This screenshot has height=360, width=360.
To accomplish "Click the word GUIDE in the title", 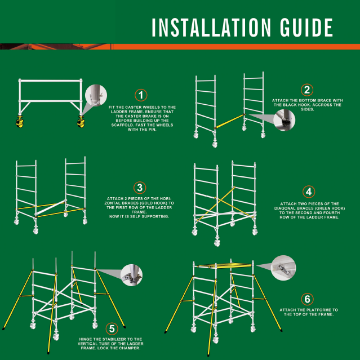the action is [306, 28].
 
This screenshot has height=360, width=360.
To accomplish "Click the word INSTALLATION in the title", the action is [211, 28].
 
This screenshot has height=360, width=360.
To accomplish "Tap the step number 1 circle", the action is [141, 95].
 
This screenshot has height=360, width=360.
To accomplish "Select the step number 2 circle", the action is [307, 90].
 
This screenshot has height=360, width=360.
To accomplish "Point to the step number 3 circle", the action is [140, 188].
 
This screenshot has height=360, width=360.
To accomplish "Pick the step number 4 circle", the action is [309, 192].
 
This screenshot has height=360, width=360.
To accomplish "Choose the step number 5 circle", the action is [112, 329].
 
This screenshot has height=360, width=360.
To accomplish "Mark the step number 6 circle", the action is [307, 299].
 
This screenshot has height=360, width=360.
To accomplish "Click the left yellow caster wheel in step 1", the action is [20, 122].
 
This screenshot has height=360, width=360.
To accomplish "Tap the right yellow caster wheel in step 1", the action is [81, 122].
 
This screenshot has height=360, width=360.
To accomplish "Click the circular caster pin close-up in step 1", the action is [96, 95].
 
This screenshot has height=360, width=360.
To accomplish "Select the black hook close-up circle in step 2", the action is [285, 120].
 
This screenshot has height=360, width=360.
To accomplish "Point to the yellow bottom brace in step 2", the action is [230, 121].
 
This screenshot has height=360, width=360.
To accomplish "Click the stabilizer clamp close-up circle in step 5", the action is [132, 275].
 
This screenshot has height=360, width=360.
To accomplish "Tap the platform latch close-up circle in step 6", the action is [283, 268].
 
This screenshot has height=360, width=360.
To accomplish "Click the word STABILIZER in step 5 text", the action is [113, 339].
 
